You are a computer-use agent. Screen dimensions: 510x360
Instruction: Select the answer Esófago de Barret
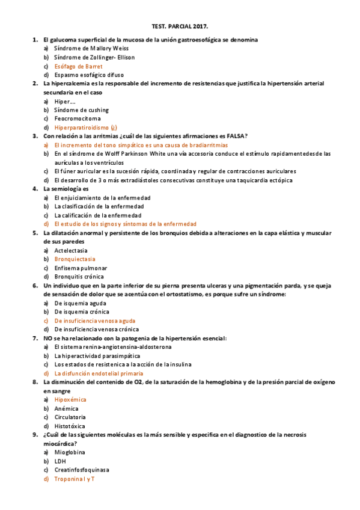point(78,66)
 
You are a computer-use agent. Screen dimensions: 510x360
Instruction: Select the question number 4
point(35,189)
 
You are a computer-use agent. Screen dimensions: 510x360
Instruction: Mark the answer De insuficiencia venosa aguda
point(95,321)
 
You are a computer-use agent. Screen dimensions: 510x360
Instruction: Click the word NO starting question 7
point(48,339)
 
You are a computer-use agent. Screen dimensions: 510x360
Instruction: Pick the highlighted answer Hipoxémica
point(70,399)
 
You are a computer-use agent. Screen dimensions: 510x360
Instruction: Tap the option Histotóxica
point(70,426)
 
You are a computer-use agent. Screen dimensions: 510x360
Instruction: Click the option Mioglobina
point(70,452)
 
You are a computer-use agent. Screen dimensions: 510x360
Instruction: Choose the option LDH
point(60,461)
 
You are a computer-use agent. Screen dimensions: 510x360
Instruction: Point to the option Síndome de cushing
point(82,110)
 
